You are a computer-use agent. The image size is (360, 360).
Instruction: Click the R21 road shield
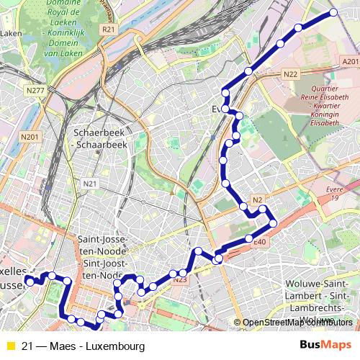coord(109,30)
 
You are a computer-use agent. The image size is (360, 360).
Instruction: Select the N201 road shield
coord(30,137)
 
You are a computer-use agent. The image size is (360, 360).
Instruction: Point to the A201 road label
coord(350,63)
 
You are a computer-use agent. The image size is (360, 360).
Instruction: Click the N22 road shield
coord(291,74)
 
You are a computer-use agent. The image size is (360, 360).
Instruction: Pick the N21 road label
coord(90,184)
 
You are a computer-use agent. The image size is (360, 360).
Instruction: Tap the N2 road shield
coord(258,199)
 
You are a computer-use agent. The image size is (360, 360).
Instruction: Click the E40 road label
coord(260,243)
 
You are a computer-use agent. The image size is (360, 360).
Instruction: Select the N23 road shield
coord(180,279)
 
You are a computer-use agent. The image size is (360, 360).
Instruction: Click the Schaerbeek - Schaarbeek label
coord(101,138)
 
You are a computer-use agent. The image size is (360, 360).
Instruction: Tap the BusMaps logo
coord(326,346)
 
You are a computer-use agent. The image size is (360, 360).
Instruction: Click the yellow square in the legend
coord(10,346)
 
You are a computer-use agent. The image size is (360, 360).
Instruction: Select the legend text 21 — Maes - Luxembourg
coord(84,346)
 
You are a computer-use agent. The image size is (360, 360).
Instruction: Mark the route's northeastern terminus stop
coord(334,12)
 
